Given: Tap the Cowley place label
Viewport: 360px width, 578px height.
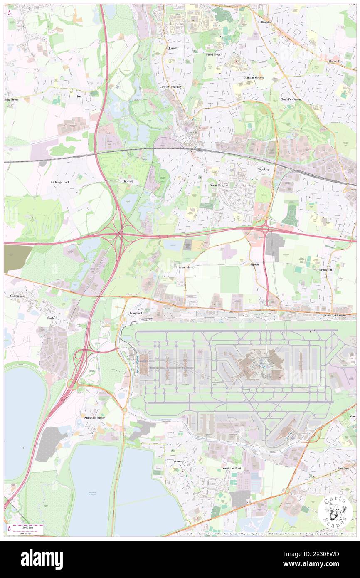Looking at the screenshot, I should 173,48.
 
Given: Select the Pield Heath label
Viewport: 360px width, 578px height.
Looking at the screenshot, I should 214,54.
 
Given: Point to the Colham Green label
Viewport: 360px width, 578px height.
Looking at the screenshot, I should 253,77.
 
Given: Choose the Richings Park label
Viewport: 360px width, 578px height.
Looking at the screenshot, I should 60,182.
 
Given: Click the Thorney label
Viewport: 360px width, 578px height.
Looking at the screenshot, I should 127,182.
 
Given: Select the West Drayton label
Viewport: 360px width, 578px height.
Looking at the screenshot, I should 219,185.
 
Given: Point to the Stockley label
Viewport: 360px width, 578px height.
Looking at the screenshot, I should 264,170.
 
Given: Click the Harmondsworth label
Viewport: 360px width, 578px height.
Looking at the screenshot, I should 187,267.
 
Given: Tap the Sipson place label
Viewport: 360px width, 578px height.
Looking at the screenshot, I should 255,264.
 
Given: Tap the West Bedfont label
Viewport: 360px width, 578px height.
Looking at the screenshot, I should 232,468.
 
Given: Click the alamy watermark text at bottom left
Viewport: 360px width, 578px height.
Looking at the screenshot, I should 42,559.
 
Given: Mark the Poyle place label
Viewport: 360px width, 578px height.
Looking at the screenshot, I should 51,318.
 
